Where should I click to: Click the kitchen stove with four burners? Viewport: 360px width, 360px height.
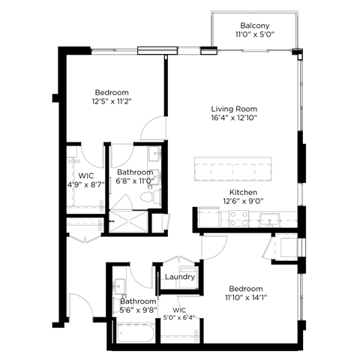(238, 217)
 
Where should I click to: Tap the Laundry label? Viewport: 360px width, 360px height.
(181, 277)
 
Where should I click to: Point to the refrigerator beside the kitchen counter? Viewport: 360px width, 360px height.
(286, 247)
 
